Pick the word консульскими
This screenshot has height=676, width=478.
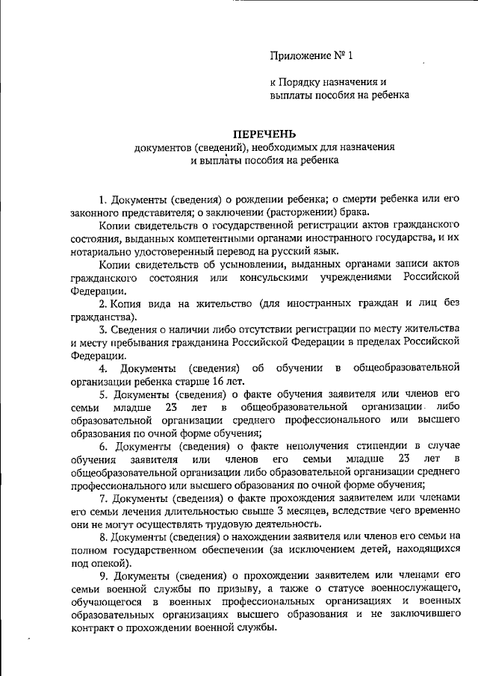[x=277, y=278]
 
